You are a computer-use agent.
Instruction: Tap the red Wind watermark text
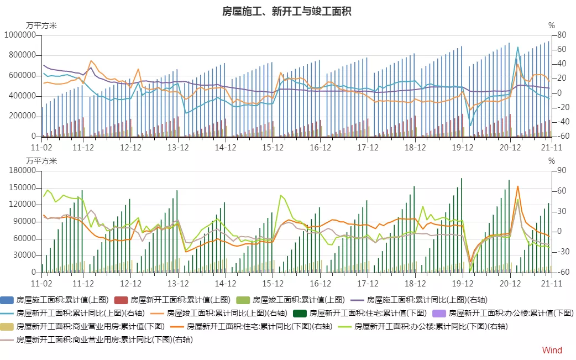tap(552, 350)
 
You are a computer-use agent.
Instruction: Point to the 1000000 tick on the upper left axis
tap(20, 35)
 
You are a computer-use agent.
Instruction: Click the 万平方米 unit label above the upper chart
tap(41, 25)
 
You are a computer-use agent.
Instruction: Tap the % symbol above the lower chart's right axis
tap(551, 161)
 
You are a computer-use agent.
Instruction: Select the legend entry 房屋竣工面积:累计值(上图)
tap(297, 300)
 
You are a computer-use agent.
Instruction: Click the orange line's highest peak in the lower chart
tap(518, 186)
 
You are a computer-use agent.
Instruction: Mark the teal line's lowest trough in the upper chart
tap(470, 126)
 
